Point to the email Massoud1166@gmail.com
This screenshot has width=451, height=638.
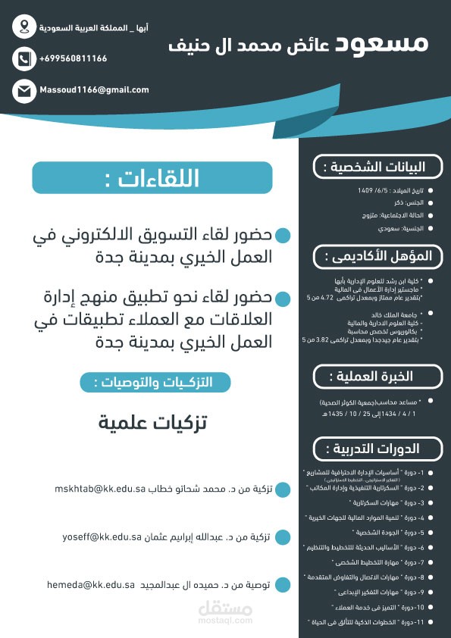[94, 90]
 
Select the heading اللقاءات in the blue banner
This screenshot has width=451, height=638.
[152, 179]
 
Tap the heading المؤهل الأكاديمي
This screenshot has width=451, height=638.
[377, 256]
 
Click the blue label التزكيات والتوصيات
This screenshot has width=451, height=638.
[155, 382]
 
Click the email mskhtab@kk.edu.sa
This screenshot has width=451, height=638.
[99, 489]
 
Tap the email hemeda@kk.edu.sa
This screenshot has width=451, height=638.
[90, 585]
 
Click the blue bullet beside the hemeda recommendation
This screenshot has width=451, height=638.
[282, 586]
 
